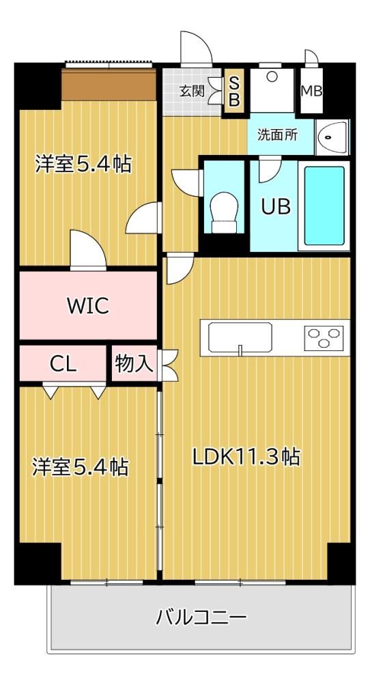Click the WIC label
(88, 306)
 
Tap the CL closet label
(63, 364)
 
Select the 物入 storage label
(134, 364)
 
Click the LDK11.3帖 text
(246, 457)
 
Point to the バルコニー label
(201, 617)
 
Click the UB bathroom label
(276, 206)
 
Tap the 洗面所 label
(278, 135)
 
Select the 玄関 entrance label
(192, 92)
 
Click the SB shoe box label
(234, 92)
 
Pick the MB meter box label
(312, 92)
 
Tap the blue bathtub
(324, 206)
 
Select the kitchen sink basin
(240, 337)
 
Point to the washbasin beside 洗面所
(332, 137)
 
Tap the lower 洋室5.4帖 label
(81, 466)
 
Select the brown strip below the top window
(109, 85)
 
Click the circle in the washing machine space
(272, 77)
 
